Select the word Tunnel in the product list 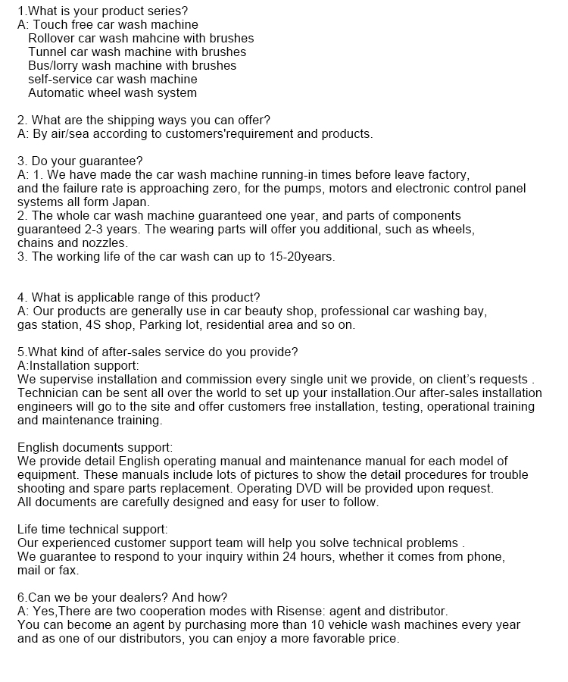pos(48,52)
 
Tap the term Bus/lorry pos(53,65)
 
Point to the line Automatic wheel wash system pos(112,93)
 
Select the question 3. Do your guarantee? pos(80,161)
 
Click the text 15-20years pos(301,256)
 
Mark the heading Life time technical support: pos(92,529)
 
